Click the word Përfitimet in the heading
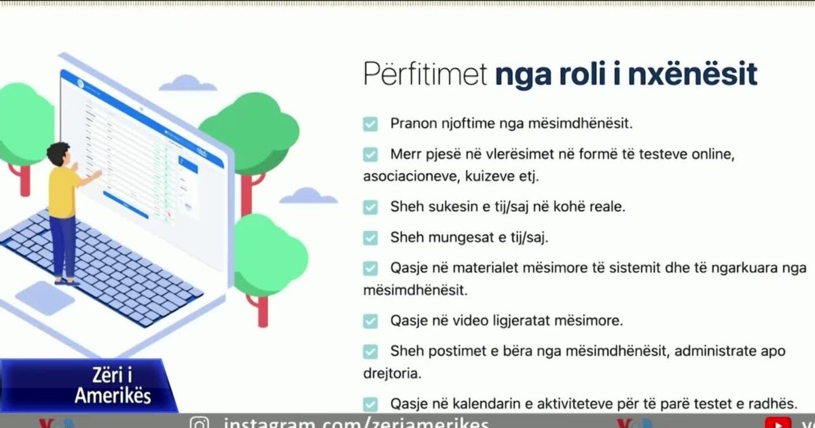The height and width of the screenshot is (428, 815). (425, 74)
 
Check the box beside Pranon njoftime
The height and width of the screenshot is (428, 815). (370, 124)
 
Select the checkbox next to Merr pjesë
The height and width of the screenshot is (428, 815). (370, 155)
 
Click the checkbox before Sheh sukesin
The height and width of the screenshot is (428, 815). (370, 207)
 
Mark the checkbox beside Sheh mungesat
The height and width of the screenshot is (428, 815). (370, 238)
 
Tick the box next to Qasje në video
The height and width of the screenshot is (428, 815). (370, 320)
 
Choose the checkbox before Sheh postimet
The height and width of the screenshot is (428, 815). (370, 351)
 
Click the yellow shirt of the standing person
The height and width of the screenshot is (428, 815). (63, 192)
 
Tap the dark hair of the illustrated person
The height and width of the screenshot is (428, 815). (58, 152)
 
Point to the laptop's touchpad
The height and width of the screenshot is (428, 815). (45, 298)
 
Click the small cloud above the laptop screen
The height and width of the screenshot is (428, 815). (187, 84)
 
